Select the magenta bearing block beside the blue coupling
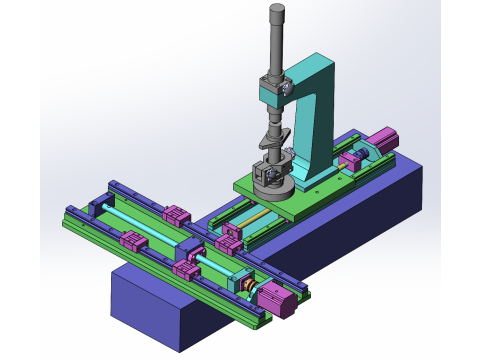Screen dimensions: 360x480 coord(351,158)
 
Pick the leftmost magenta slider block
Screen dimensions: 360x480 coord(132,241)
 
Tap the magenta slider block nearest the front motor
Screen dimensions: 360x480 coord(186,268)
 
